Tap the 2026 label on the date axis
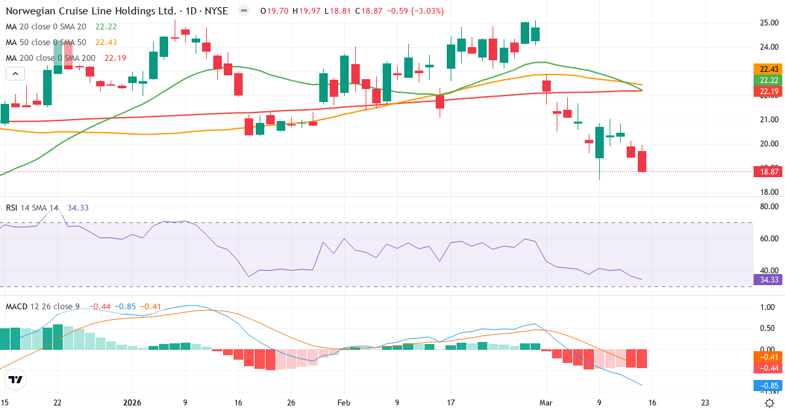[x=132, y=403]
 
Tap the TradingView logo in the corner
[x=16, y=379]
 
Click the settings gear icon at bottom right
[x=771, y=403]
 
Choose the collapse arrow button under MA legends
[x=14, y=74]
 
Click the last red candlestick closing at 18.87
[x=642, y=161]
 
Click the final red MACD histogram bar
[x=642, y=358]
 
